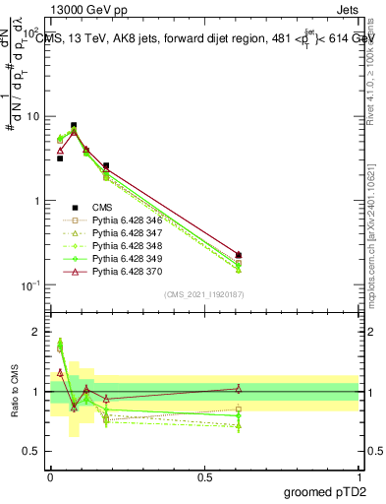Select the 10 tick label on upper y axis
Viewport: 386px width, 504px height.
click(x=33, y=116)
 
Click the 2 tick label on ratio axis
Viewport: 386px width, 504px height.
click(x=37, y=332)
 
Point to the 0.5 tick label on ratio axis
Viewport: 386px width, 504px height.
click(x=32, y=453)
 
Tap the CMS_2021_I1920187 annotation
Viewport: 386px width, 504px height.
click(x=204, y=294)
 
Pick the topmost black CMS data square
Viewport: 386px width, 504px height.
click(x=74, y=126)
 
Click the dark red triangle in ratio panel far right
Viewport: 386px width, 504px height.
click(x=239, y=389)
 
